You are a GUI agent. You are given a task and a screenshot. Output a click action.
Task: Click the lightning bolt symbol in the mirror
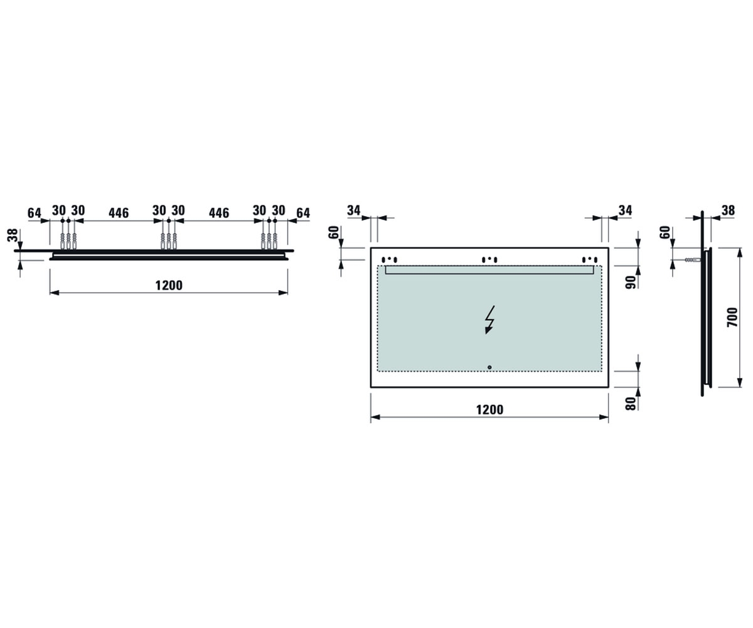pyautogui.click(x=489, y=320)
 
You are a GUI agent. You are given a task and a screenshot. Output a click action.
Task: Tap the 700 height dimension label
pyautogui.click(x=732, y=317)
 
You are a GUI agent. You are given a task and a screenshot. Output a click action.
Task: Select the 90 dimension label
pyautogui.click(x=631, y=282)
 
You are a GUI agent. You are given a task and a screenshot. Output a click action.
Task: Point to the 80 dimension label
pyautogui.click(x=631, y=403)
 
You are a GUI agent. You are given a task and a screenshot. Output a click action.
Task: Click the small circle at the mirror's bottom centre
pyautogui.click(x=489, y=367)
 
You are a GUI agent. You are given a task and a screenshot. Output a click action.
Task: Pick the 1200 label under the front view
pyautogui.click(x=489, y=409)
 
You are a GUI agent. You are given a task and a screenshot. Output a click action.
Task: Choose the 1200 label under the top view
pyautogui.click(x=169, y=286)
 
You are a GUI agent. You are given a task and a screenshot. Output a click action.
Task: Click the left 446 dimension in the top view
pyautogui.click(x=119, y=213)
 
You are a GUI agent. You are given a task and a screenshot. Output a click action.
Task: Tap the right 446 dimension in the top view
pyautogui.click(x=219, y=213)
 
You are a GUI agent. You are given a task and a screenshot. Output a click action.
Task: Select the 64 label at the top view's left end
pyautogui.click(x=35, y=213)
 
